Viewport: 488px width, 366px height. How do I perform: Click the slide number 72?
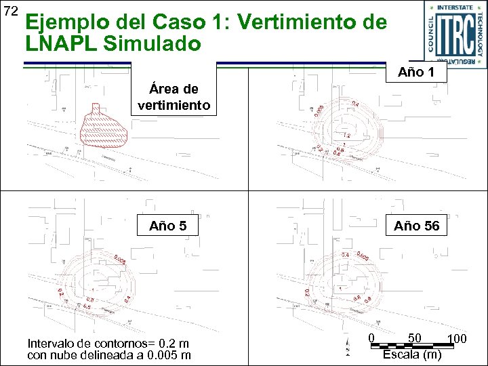[10, 11]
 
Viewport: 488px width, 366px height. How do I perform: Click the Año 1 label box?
[417, 72]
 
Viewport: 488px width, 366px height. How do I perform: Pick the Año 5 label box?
[168, 226]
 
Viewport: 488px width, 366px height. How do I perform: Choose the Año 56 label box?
[416, 226]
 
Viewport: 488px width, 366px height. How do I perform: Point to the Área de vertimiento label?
[174, 98]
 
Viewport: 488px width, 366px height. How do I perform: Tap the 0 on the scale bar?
[371, 338]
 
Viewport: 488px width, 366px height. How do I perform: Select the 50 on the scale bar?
[415, 338]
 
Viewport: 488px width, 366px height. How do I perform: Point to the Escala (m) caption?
[412, 354]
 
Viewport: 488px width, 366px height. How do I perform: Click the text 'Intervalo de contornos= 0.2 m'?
[108, 343]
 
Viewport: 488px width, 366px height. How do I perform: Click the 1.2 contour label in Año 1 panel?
[346, 136]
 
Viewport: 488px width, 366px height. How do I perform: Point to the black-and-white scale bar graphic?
[411, 346]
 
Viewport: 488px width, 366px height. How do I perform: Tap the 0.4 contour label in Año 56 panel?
[346, 255]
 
